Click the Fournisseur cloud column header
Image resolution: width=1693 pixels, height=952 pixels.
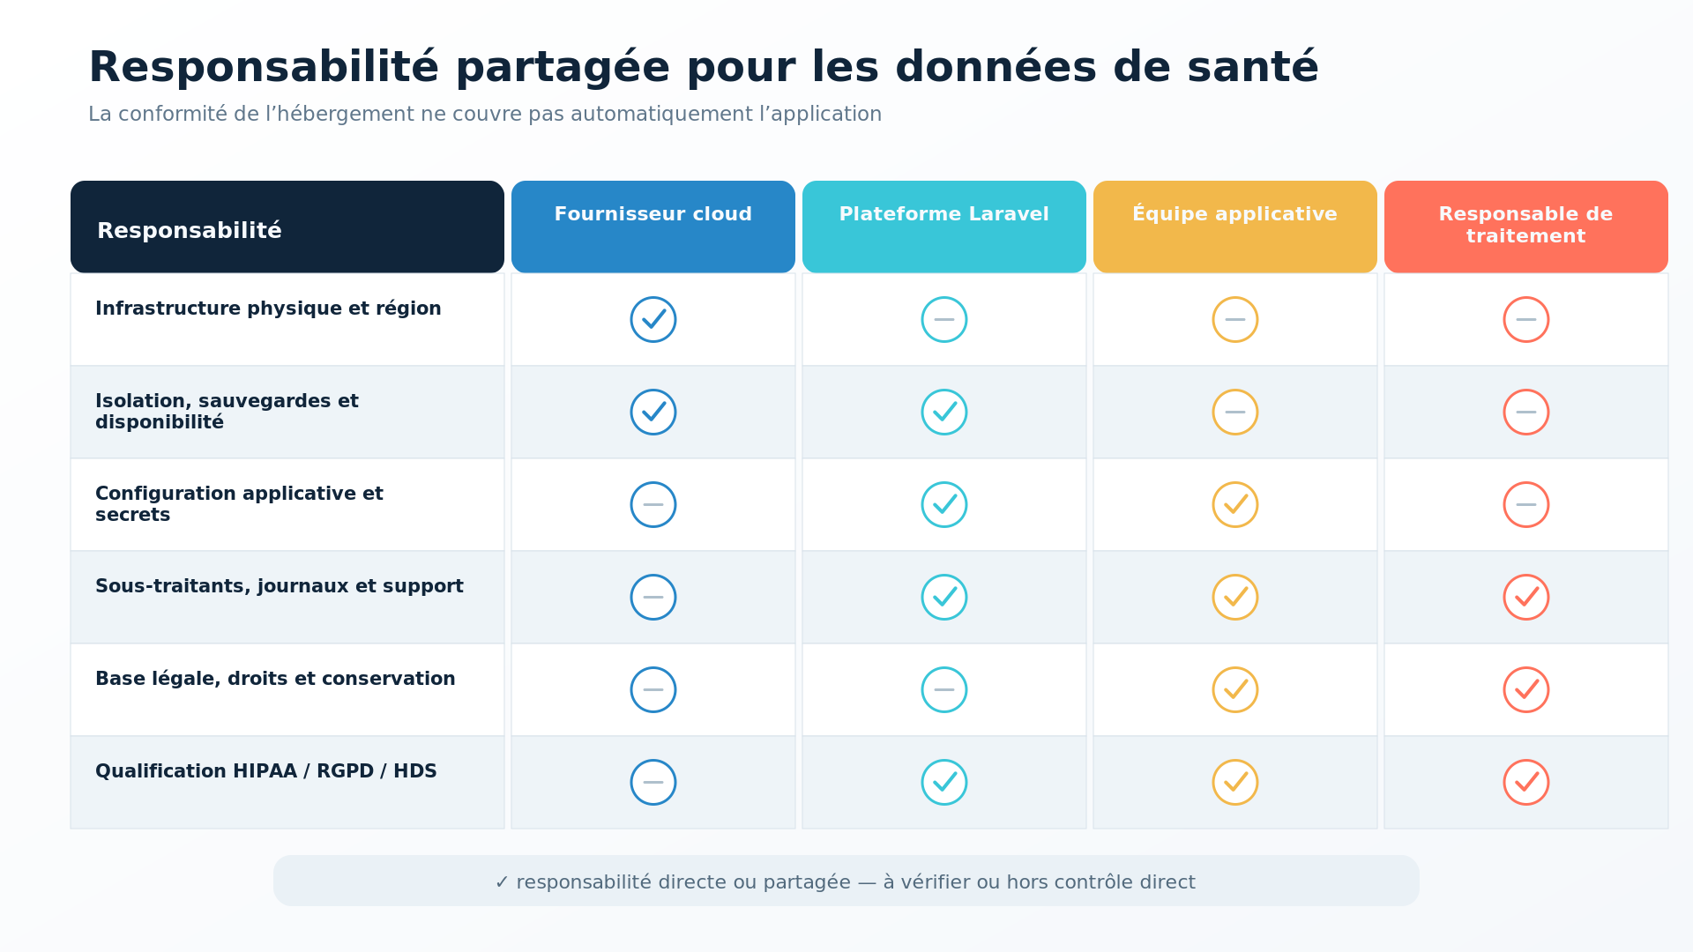click(x=653, y=227)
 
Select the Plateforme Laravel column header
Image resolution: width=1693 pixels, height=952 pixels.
click(x=943, y=227)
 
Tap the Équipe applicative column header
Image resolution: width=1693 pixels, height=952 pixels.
click(x=1234, y=227)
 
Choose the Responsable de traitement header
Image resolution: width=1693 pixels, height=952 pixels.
click(x=1525, y=227)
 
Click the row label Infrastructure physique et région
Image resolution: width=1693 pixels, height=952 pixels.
click(x=268, y=309)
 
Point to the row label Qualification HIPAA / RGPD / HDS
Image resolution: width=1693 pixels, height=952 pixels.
click(x=266, y=771)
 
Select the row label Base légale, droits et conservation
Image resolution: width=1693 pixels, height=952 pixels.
click(x=275, y=679)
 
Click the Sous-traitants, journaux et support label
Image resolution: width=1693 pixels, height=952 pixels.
click(x=280, y=586)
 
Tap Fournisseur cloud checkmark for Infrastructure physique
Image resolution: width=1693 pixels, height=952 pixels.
click(x=653, y=319)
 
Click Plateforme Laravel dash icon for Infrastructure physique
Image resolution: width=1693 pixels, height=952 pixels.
click(x=944, y=319)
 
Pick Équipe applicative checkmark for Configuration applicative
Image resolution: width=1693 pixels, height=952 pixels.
click(x=1235, y=504)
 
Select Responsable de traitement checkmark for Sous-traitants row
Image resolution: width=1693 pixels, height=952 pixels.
click(x=1526, y=597)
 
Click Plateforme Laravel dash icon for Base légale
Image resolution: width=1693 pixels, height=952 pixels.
click(x=944, y=689)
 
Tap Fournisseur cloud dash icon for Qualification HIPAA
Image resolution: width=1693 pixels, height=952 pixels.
click(x=653, y=782)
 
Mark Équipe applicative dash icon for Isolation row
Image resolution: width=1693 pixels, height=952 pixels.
click(x=1235, y=412)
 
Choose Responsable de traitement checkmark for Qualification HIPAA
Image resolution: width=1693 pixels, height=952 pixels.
click(x=1526, y=782)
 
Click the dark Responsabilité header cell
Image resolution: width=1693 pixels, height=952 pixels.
click(x=287, y=227)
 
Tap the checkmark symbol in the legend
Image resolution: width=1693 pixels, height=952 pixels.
click(x=502, y=882)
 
